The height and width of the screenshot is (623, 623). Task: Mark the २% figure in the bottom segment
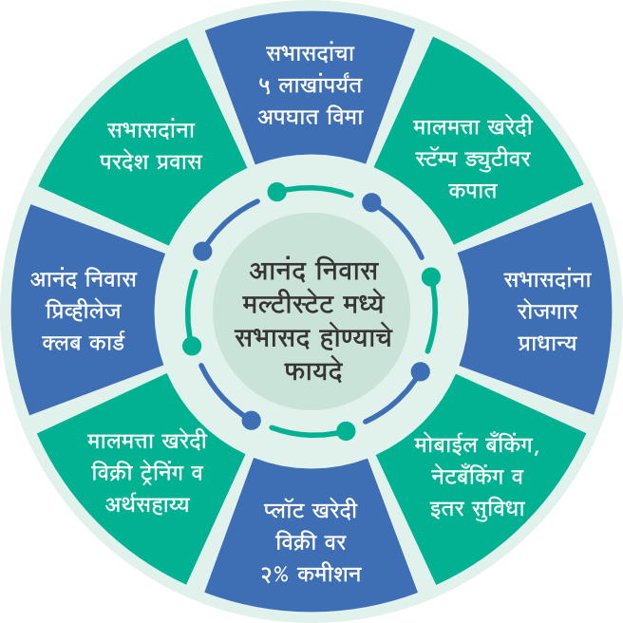275,576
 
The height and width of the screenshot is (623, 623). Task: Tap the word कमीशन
327,576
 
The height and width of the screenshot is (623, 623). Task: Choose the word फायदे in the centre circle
312,367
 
